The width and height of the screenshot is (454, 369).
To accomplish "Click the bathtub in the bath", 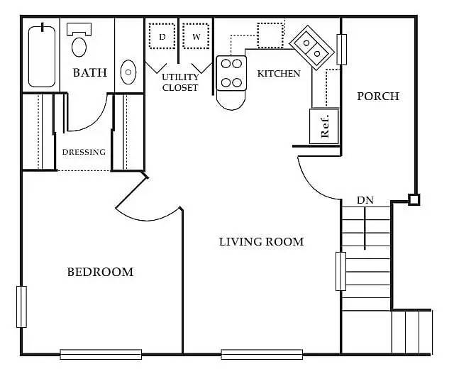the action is pyautogui.click(x=42, y=57).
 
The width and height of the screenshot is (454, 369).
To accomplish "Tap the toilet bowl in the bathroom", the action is pyautogui.click(x=79, y=47).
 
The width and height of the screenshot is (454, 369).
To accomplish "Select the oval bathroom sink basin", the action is pyautogui.click(x=128, y=72).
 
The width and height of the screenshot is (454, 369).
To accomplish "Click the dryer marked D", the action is pyautogui.click(x=162, y=36).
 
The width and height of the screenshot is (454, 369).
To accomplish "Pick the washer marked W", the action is pyautogui.click(x=196, y=36).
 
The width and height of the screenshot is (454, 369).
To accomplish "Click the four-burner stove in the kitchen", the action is pyautogui.click(x=231, y=73).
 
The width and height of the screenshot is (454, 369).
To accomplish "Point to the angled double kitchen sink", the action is pyautogui.click(x=312, y=48).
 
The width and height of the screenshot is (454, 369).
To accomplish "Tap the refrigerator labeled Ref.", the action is pyautogui.click(x=324, y=126).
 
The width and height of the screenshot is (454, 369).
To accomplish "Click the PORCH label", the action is pyautogui.click(x=378, y=97).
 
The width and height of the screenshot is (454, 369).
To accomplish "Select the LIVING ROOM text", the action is pyautogui.click(x=262, y=241).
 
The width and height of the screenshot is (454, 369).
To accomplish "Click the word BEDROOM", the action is pyautogui.click(x=100, y=272).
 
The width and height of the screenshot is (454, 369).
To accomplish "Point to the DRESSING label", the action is pyautogui.click(x=84, y=152).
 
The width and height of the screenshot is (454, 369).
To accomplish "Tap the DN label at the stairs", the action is pyautogui.click(x=365, y=200).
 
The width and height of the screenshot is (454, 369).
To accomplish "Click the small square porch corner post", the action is pyautogui.click(x=414, y=199).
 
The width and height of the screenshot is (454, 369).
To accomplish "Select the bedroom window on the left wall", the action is pyautogui.click(x=21, y=307).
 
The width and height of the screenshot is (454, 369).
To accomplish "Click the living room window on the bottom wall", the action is pyautogui.click(x=262, y=354).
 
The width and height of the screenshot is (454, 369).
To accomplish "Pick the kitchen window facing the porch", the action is pyautogui.click(x=342, y=49).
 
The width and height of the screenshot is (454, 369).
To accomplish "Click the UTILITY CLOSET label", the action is pyautogui.click(x=180, y=82).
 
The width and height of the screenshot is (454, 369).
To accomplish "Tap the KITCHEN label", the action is pyautogui.click(x=279, y=74).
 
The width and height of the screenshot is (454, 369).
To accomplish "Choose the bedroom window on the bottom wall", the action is pyautogui.click(x=101, y=354).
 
